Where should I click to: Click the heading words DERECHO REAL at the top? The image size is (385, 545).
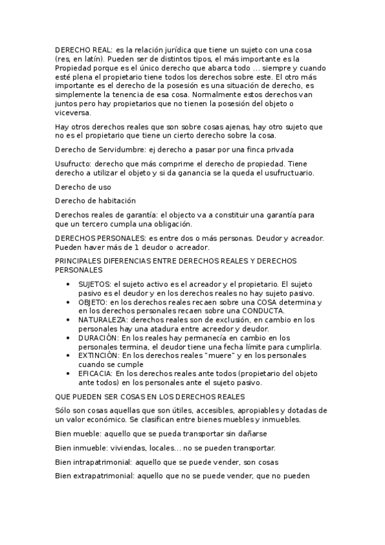point(83,49)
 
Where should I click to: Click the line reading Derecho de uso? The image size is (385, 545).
point(83,187)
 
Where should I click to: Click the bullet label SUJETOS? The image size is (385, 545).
point(93,283)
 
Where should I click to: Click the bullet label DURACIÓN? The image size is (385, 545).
point(98,337)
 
